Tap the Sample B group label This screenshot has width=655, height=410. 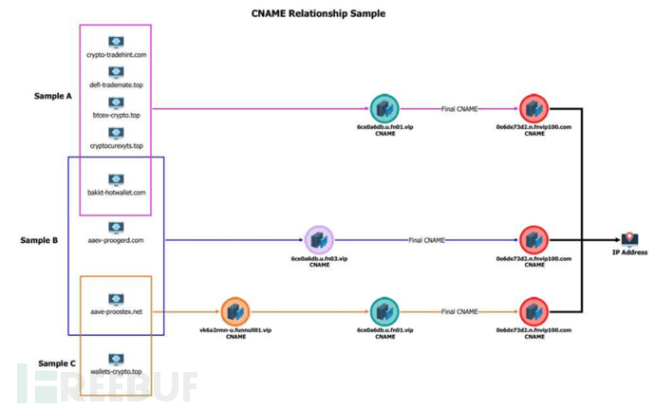click(x=39, y=240)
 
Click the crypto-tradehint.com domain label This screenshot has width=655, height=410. click(x=116, y=55)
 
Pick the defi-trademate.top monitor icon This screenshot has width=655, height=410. click(x=116, y=71)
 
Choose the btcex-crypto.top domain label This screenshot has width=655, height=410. click(x=116, y=116)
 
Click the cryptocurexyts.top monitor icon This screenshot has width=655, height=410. click(x=116, y=133)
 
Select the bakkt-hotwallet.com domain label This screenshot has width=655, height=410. click(x=116, y=193)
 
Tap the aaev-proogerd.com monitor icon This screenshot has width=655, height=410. click(x=116, y=228)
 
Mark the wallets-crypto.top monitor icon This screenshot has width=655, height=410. click(x=116, y=359)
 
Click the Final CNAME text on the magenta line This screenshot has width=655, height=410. click(x=459, y=109)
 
